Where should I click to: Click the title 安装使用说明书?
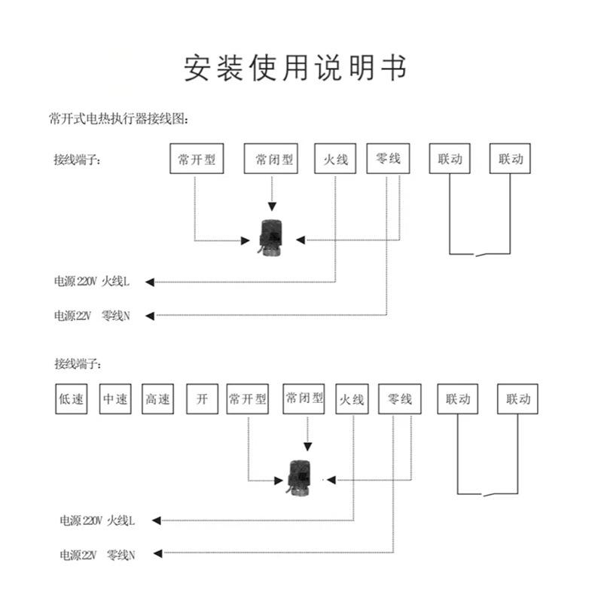(296, 68)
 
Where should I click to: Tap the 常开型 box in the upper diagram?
(197, 159)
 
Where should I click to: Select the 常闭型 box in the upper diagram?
(272, 159)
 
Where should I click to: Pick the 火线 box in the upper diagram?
(335, 159)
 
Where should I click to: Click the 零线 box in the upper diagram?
(388, 159)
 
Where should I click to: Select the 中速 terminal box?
(114, 399)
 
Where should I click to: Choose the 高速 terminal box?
(157, 399)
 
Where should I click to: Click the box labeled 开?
(201, 399)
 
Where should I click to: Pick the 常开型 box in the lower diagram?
(248, 399)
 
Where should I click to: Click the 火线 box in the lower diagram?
(352, 399)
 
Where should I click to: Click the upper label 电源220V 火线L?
(92, 282)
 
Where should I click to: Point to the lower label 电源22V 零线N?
(97, 555)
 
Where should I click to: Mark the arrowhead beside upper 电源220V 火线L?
(150, 282)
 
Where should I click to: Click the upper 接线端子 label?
(76, 160)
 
